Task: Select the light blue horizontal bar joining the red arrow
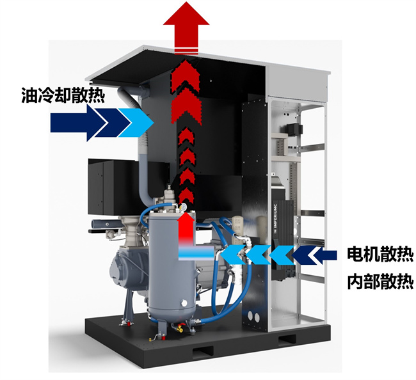click(x=196, y=255)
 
